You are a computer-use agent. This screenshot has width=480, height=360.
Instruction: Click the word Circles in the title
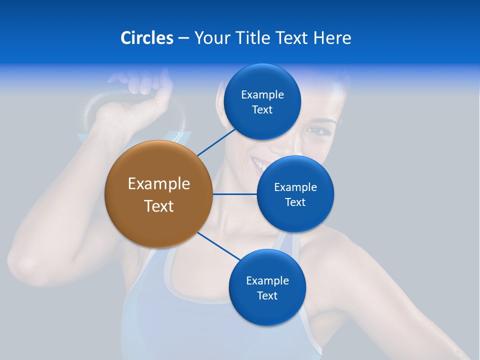coord(146,38)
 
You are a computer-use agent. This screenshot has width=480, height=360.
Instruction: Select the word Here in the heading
coord(332,38)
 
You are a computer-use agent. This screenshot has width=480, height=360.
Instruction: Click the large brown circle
coord(158,194)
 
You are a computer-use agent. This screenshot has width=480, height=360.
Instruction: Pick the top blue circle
coord(262,101)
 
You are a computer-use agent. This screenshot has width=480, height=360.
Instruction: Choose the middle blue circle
coord(295,194)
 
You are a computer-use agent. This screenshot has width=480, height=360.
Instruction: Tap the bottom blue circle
coord(267,287)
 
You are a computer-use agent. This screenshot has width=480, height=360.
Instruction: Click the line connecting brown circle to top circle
coord(216,142)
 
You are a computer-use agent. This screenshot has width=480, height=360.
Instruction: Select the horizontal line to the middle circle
coord(234,194)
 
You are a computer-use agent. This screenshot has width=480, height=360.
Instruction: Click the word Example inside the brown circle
coord(158,183)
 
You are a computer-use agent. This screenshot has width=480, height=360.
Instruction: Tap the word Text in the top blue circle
coord(262,110)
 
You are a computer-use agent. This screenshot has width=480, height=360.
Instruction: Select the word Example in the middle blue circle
coord(295,187)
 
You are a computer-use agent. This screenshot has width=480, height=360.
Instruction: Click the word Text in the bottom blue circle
coord(267,295)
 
